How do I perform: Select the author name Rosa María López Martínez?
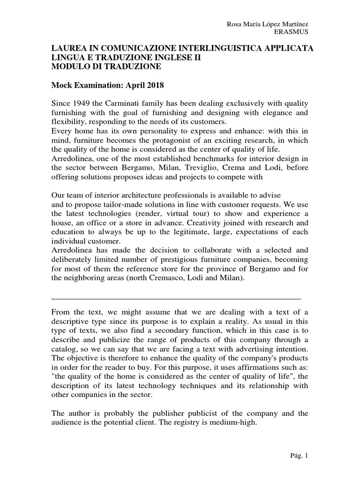click(267, 23)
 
